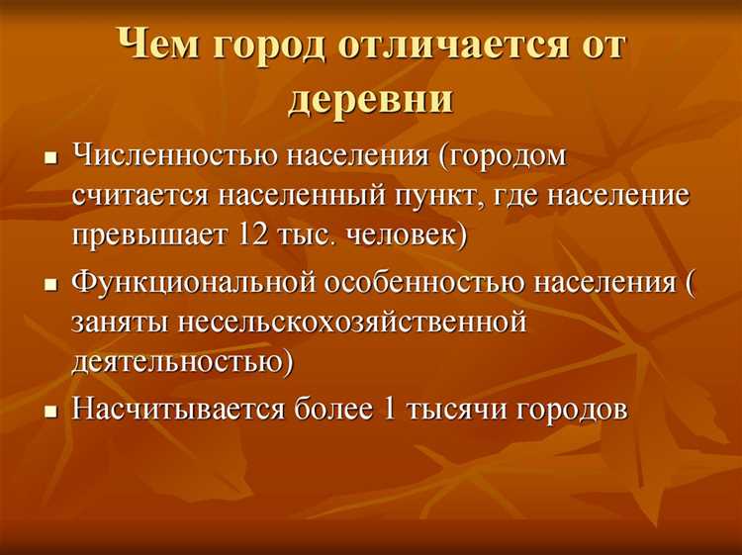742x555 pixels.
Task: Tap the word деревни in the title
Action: pos(370,99)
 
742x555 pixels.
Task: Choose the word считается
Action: pos(138,196)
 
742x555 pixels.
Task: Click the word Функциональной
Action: pos(194,282)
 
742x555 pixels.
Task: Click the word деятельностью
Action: pos(182,361)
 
